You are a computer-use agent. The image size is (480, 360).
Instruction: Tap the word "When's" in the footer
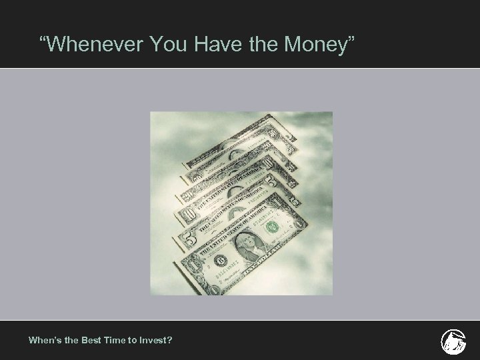(44, 340)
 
